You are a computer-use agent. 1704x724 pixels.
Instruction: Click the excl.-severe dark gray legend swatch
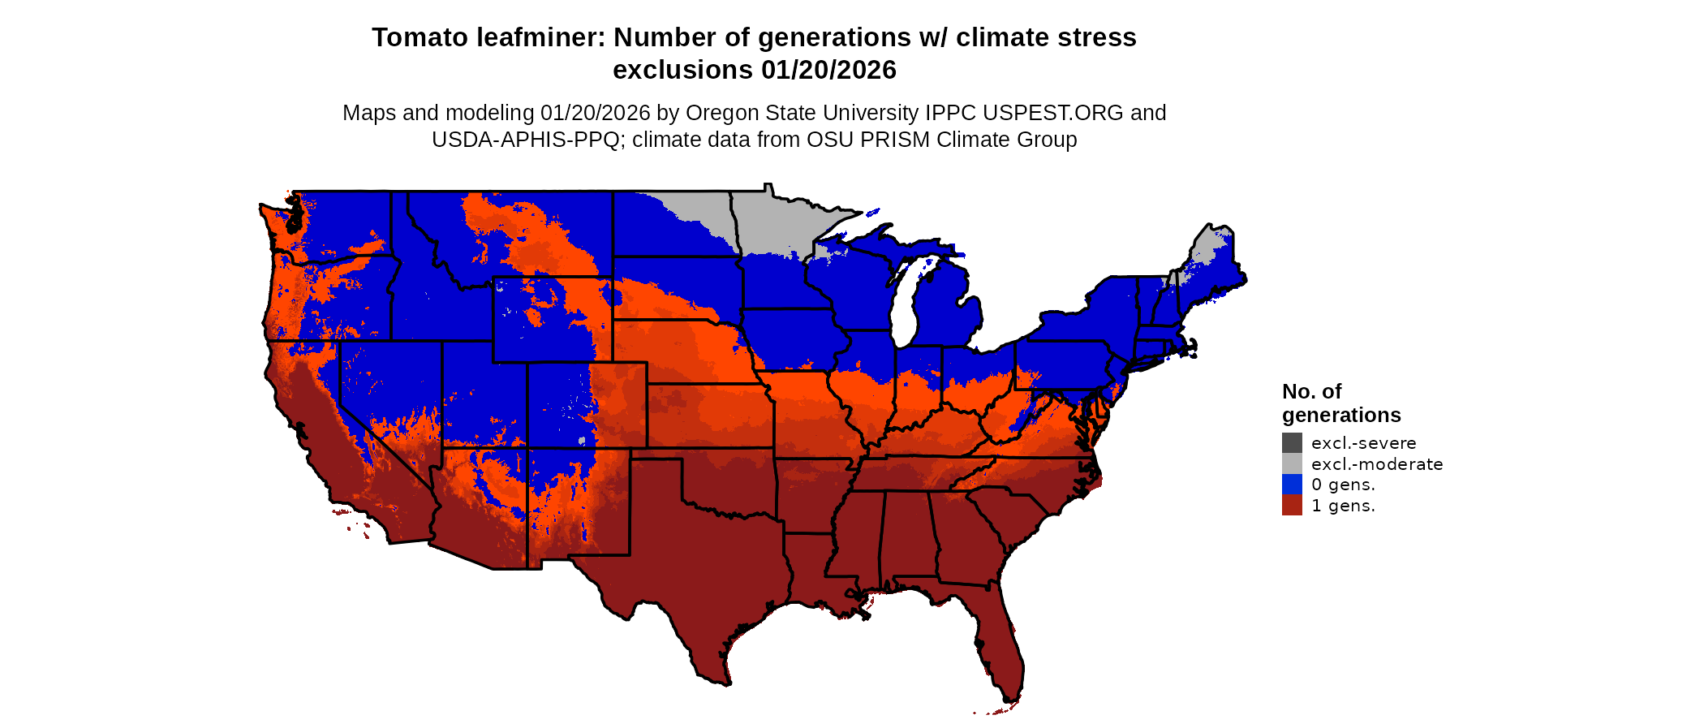click(1292, 443)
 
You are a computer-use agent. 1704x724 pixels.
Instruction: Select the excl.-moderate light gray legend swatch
click(1292, 464)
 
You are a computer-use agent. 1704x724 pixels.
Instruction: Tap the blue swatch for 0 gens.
click(1292, 485)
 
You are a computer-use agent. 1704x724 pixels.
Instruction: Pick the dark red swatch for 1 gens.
click(1292, 506)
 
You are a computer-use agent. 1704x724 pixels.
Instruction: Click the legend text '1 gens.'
click(1343, 506)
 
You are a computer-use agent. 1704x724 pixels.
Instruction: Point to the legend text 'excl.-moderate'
click(1377, 464)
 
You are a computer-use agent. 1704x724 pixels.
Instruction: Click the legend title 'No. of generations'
click(1340, 403)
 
